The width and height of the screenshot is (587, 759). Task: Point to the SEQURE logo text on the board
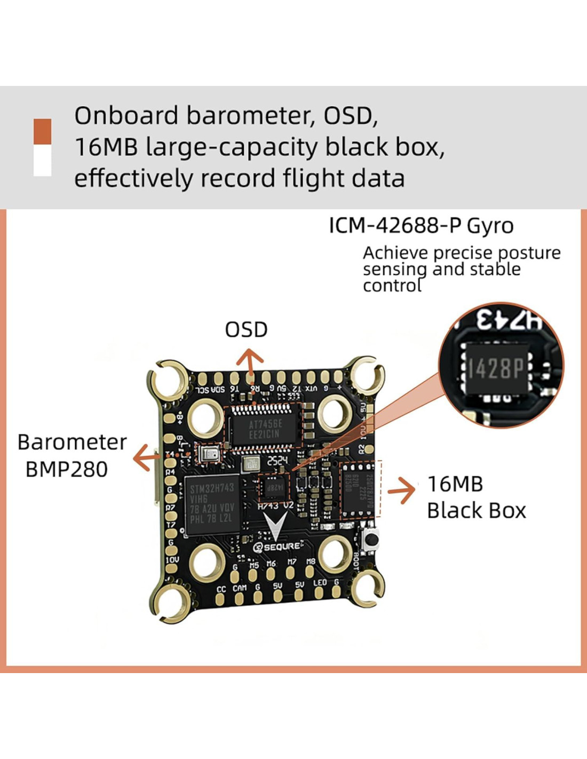click(x=282, y=547)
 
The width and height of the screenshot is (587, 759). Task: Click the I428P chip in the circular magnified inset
click(x=495, y=368)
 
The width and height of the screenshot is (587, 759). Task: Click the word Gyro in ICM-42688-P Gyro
click(x=490, y=226)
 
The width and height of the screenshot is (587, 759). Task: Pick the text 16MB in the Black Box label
click(x=455, y=484)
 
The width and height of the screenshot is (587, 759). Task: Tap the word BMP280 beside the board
click(x=67, y=470)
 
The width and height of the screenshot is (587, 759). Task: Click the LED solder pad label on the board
click(x=320, y=583)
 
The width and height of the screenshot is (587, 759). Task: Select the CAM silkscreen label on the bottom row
click(x=239, y=588)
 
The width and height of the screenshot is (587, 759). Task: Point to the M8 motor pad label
click(x=311, y=561)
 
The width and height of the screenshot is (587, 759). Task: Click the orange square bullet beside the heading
click(x=43, y=131)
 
